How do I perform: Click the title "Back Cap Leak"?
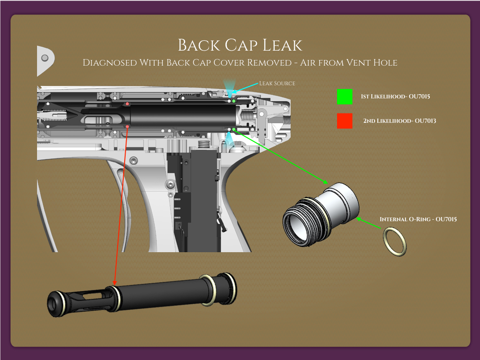tap(240, 45)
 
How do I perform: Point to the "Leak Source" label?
tap(277, 83)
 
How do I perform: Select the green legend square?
tap(345, 97)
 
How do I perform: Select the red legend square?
tap(345, 120)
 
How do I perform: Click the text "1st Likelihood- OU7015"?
tap(395, 97)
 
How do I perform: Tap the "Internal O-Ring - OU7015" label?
tap(418, 219)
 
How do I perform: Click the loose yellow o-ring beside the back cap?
tap(395, 241)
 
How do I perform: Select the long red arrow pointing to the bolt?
tap(121, 206)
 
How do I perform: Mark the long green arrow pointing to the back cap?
tap(281, 157)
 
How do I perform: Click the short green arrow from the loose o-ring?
tap(368, 223)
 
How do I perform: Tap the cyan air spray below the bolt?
tap(230, 138)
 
